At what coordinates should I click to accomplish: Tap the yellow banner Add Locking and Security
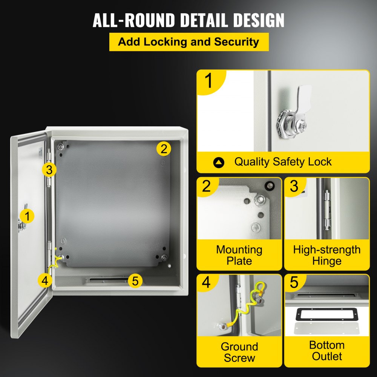coord(188,42)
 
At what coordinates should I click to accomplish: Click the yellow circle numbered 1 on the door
coord(27,216)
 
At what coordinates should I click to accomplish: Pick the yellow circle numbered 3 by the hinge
coord(49,170)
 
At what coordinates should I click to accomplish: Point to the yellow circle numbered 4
coord(45,280)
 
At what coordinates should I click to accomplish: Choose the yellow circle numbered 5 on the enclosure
coord(135,280)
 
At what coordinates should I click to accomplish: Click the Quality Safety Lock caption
coord(283,162)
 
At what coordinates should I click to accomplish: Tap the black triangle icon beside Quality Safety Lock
coord(219,162)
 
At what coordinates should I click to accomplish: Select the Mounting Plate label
coord(239,255)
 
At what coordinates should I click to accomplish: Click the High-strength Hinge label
coord(326,255)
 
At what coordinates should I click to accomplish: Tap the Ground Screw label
coord(239,352)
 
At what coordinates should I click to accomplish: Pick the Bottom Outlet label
coord(326,351)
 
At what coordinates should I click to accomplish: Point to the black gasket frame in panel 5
coord(326,313)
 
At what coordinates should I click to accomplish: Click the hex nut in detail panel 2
coord(259,199)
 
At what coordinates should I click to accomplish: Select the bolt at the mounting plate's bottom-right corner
coord(165,258)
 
